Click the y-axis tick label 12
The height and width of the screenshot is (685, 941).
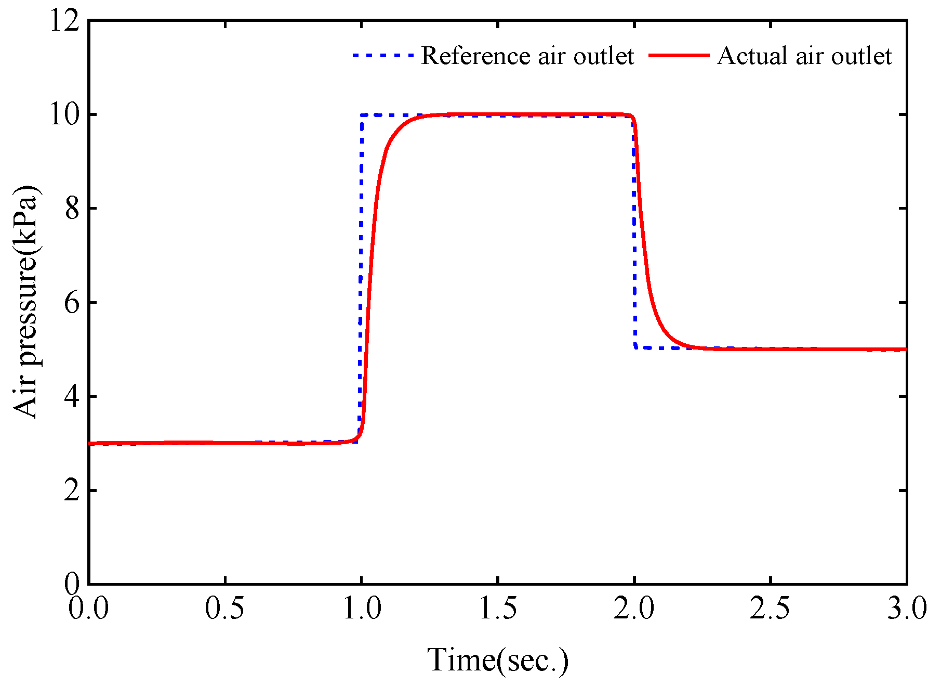pyautogui.click(x=64, y=22)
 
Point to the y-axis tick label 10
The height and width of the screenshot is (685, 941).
pyautogui.click(x=64, y=114)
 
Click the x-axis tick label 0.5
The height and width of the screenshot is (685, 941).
pyautogui.click(x=224, y=608)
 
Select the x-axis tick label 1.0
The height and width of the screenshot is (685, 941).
pyautogui.click(x=362, y=608)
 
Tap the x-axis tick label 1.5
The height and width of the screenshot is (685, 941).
pyautogui.click(x=498, y=608)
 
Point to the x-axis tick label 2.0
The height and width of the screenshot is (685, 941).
pyautogui.click(x=634, y=608)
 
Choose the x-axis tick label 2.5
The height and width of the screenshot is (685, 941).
pyautogui.click(x=770, y=608)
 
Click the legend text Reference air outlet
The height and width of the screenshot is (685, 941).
pyautogui.click(x=527, y=56)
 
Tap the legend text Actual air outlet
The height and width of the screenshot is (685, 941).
pyautogui.click(x=804, y=56)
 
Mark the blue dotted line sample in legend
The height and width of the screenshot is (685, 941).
pyautogui.click(x=383, y=55)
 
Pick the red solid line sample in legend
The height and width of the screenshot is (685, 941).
pyautogui.click(x=679, y=55)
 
